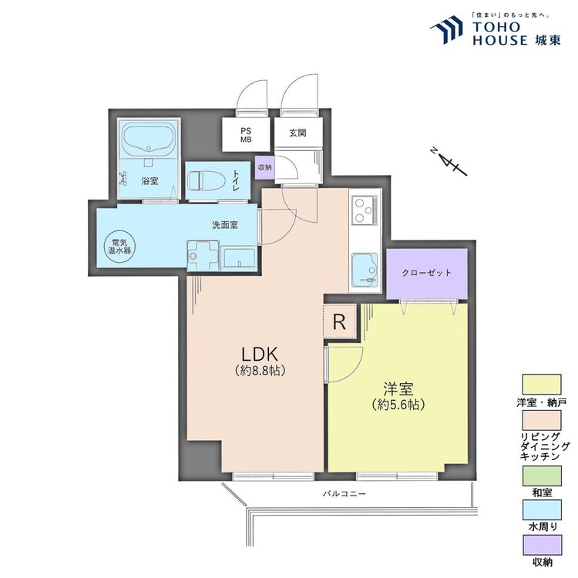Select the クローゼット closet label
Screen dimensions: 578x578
[x=426, y=274]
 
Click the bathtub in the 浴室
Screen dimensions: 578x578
[x=150, y=140]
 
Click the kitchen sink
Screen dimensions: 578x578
[x=364, y=271]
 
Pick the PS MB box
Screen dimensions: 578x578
[x=246, y=135]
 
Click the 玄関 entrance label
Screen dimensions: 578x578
[x=298, y=133]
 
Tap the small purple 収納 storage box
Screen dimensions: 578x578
[x=264, y=167]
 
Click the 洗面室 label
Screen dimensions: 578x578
[x=224, y=225]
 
